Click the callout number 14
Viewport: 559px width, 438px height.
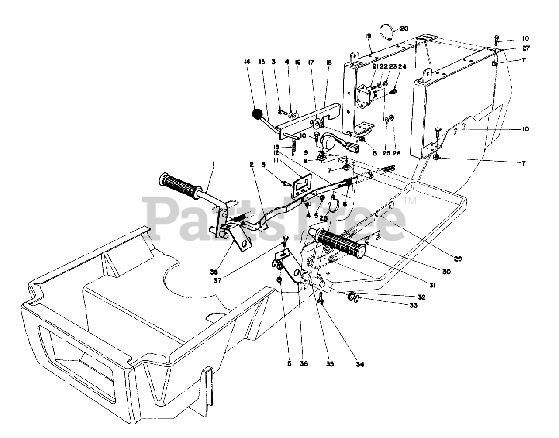(x=247, y=62)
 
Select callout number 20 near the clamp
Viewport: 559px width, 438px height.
(x=404, y=28)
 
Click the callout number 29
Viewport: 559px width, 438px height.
(x=457, y=259)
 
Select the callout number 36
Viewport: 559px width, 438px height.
(x=304, y=363)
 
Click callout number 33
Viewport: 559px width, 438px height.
(x=413, y=305)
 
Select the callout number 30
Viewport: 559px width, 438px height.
(x=446, y=271)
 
